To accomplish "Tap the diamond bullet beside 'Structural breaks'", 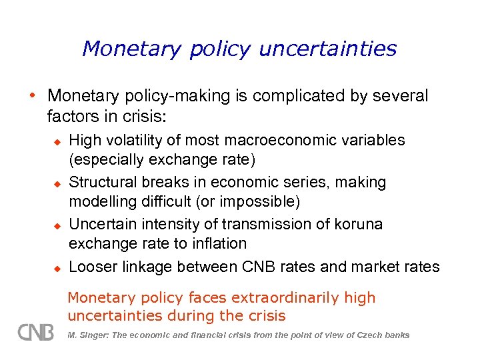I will [57, 183].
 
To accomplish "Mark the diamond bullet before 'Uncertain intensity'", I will [57, 225].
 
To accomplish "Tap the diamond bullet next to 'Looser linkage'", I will [57, 267].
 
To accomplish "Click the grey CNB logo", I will [35, 331].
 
